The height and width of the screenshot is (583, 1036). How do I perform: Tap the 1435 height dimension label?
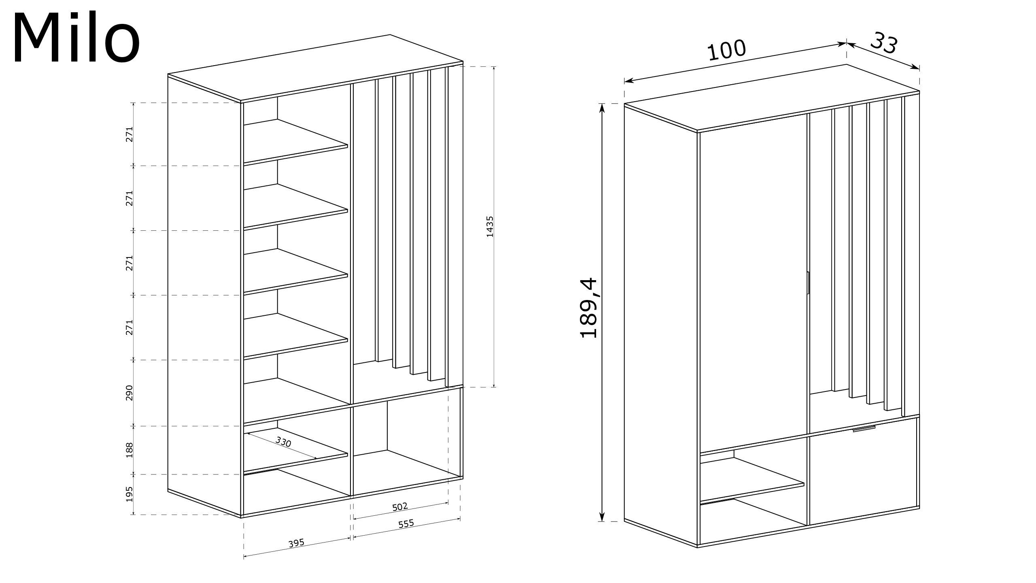[490, 227]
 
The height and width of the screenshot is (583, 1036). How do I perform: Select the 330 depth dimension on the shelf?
[283, 442]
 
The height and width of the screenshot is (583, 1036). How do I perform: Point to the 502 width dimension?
[400, 506]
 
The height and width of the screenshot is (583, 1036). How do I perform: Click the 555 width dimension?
[406, 523]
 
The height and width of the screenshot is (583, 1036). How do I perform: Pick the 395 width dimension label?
[296, 543]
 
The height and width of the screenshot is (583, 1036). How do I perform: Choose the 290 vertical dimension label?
[129, 393]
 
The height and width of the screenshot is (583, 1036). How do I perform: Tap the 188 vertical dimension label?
[129, 450]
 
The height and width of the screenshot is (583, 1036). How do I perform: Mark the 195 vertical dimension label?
[129, 494]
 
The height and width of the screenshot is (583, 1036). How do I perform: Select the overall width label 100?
[726, 51]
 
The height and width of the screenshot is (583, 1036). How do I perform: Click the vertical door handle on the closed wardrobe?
[807, 282]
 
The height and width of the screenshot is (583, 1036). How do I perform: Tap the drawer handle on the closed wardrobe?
[864, 429]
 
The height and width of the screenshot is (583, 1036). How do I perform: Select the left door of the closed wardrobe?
[753, 283]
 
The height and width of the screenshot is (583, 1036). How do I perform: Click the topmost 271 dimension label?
[129, 134]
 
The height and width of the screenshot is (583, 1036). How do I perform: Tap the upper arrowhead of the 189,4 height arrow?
[602, 108]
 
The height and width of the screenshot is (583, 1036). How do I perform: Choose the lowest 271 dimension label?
[129, 328]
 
